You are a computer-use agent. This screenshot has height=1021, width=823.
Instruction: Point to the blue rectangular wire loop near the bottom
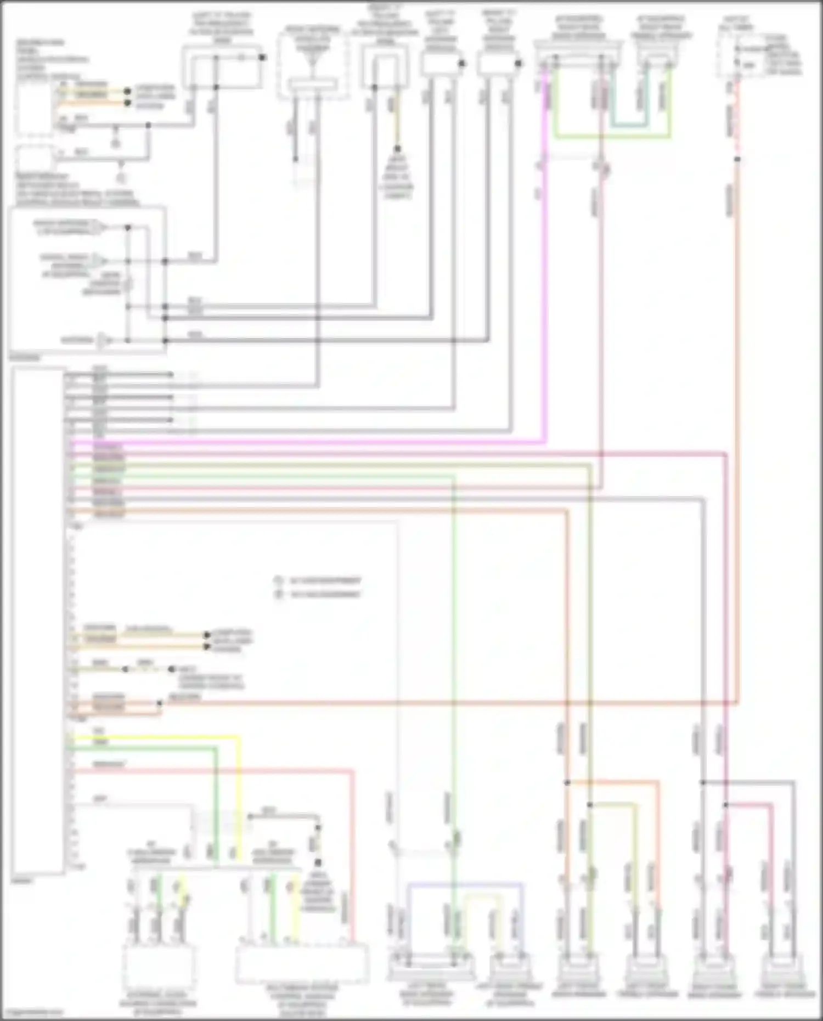(464, 884)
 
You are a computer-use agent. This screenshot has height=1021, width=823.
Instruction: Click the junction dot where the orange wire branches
(567, 782)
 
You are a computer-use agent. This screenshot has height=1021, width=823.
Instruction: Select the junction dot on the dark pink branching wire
(725, 805)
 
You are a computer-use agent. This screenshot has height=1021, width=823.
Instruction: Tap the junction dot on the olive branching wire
(590, 805)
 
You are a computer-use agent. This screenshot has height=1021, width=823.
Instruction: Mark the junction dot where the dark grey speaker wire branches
(703, 782)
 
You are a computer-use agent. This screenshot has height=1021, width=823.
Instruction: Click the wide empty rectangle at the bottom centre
(302, 963)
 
